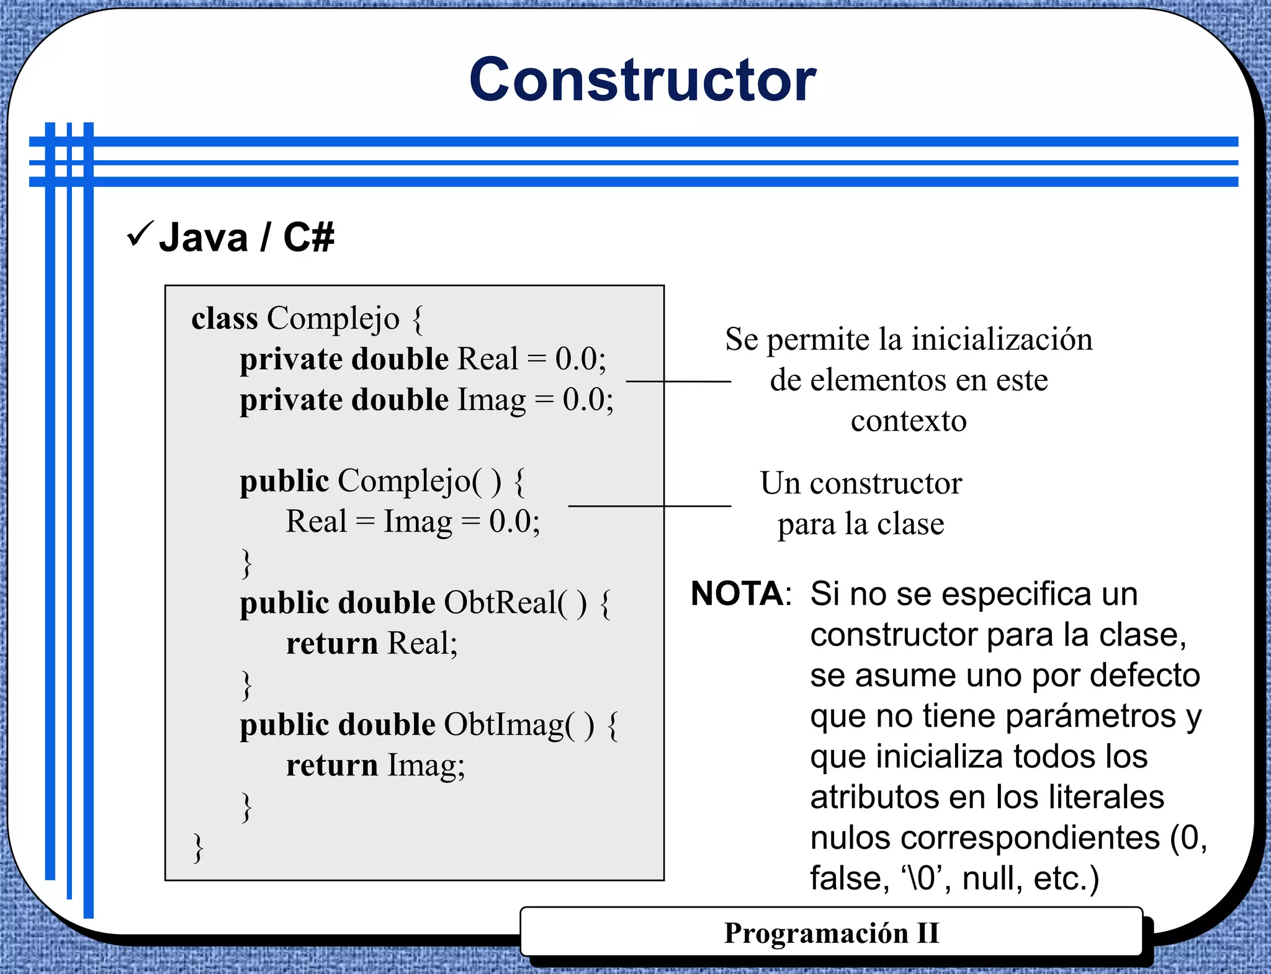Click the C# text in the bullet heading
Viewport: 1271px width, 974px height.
[308, 237]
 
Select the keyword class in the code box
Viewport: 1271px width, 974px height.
[224, 319]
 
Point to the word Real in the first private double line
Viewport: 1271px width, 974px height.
[487, 359]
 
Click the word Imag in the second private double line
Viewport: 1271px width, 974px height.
[492, 400]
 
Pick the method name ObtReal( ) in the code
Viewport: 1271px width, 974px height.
[514, 603]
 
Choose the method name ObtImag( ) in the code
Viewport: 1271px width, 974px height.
[518, 725]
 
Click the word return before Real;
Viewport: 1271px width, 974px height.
[332, 644]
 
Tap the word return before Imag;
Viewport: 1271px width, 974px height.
[332, 766]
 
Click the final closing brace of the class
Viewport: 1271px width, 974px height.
[198, 848]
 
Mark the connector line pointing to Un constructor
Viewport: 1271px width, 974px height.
[649, 506]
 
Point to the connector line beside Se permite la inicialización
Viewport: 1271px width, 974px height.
[678, 381]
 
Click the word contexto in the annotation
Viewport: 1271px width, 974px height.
[909, 422]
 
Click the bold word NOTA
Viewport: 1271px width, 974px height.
[737, 594]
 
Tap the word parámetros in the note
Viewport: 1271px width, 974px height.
[1090, 716]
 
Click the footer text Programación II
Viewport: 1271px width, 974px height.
[832, 933]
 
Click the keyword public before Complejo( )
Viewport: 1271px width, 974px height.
[284, 481]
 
